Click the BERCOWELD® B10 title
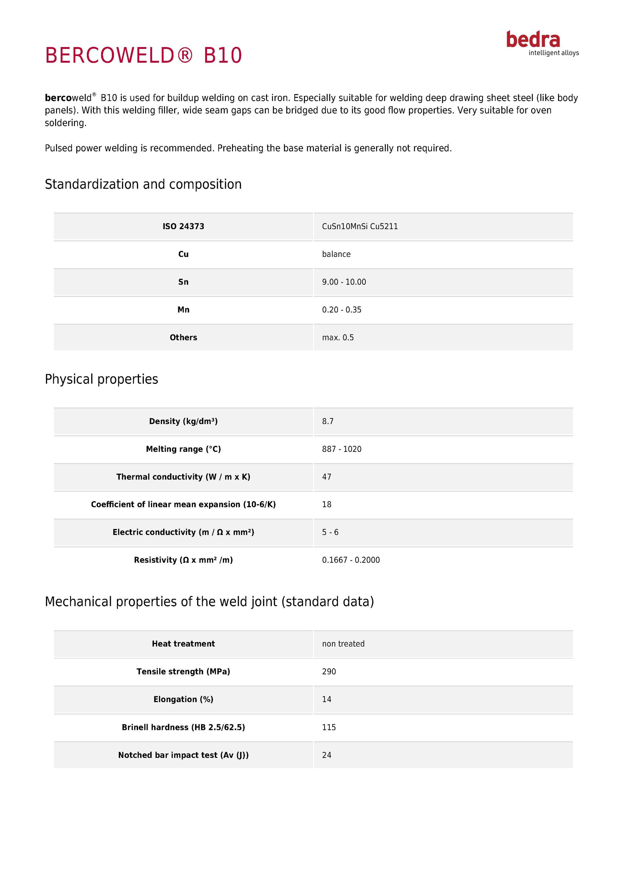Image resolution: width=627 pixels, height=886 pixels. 144,55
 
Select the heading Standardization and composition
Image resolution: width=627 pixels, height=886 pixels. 143,184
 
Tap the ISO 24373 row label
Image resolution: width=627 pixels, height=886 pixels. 183,226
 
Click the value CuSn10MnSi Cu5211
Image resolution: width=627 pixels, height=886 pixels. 360,226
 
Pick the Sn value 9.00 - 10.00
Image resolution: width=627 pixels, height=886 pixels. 344,282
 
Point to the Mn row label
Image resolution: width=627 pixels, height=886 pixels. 183,310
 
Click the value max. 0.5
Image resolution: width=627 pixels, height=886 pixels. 338,338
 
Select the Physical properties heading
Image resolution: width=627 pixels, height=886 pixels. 102,379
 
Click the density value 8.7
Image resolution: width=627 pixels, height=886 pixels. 328,421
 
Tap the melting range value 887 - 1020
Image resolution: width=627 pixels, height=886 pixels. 342,449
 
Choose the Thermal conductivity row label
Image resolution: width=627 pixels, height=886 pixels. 183,477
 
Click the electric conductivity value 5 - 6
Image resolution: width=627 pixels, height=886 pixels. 330,533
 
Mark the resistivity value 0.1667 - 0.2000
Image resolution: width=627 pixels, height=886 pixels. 351,560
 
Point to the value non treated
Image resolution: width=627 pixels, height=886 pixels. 343,644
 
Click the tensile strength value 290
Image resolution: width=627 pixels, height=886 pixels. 329,672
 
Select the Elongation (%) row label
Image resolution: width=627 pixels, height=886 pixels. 183,700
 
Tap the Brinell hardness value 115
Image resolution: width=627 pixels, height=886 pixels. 329,728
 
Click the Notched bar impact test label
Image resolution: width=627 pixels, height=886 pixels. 183,755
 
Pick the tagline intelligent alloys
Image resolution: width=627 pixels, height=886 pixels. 554,53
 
